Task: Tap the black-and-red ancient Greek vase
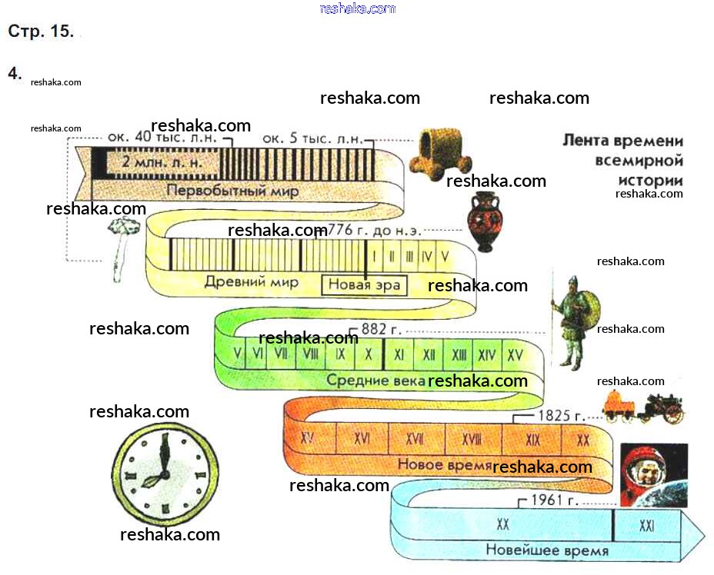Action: tap(484, 223)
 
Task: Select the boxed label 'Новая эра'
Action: tap(364, 284)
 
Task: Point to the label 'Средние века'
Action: tap(375, 380)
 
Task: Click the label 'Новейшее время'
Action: tap(547, 550)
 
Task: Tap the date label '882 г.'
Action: tap(381, 329)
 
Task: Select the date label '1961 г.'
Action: tap(553, 501)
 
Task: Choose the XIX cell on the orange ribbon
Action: tap(532, 439)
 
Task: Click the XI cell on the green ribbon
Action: tap(399, 355)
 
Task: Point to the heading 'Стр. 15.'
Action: tap(40, 32)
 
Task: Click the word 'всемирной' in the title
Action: tap(639, 161)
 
